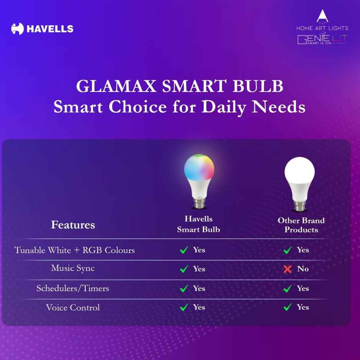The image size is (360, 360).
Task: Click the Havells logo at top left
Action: (42, 29)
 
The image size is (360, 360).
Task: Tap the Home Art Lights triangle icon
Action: (322, 16)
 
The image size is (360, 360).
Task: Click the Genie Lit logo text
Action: (322, 39)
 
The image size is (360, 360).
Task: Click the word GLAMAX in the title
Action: (116, 87)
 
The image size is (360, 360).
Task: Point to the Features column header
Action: (73, 224)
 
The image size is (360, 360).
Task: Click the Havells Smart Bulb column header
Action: (198, 224)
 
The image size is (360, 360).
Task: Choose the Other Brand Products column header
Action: (301, 225)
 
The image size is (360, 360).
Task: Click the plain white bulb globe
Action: (299, 171)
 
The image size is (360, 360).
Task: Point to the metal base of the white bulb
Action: (299, 205)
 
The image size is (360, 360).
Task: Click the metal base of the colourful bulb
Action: (199, 203)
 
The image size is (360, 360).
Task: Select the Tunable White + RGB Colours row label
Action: (75, 250)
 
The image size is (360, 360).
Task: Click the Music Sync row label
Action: (73, 268)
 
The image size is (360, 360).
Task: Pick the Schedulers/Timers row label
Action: (73, 288)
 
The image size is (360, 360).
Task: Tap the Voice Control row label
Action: (73, 307)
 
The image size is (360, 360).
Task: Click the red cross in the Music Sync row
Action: (288, 269)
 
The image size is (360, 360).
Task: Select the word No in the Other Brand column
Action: (303, 269)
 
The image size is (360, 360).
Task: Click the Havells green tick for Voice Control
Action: (184, 307)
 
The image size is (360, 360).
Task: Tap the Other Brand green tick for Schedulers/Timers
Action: (288, 288)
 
